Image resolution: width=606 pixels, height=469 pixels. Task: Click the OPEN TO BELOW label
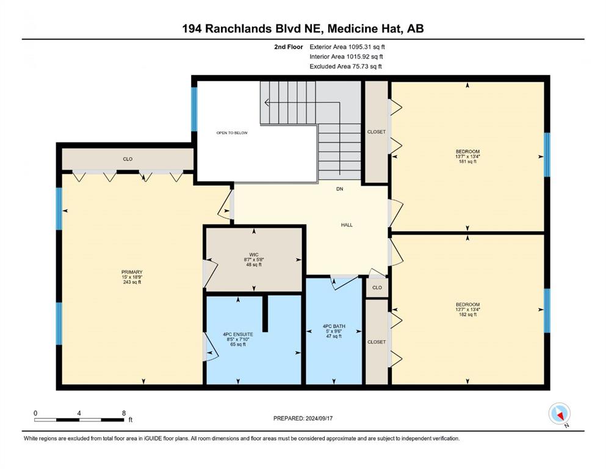tap(232, 133)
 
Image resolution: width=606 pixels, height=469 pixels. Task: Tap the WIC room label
tap(253, 255)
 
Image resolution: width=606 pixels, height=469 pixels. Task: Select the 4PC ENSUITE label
tap(238, 335)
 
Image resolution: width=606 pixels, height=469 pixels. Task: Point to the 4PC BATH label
tap(334, 326)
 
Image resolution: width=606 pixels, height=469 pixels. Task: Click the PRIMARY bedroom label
tap(132, 272)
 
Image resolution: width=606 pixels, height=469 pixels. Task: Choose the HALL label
tap(347, 225)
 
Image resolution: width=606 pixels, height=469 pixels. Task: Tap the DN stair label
tap(340, 189)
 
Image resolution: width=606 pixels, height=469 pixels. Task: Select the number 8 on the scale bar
tap(124, 413)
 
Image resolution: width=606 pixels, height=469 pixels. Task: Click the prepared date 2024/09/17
tap(319, 418)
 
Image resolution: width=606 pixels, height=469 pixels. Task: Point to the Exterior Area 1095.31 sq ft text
tap(347, 47)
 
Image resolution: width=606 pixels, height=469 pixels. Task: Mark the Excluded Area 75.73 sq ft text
tap(345, 66)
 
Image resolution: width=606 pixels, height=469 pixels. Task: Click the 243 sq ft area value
tap(132, 282)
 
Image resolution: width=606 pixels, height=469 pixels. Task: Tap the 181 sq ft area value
tap(467, 162)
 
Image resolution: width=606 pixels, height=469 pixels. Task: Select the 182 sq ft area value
tap(467, 314)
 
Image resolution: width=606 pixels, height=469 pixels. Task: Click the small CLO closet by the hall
tap(377, 288)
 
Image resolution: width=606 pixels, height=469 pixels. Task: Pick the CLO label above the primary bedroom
tap(128, 159)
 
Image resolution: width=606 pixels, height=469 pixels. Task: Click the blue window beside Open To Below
tap(195, 109)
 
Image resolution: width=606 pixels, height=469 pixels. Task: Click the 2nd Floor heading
tap(289, 47)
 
